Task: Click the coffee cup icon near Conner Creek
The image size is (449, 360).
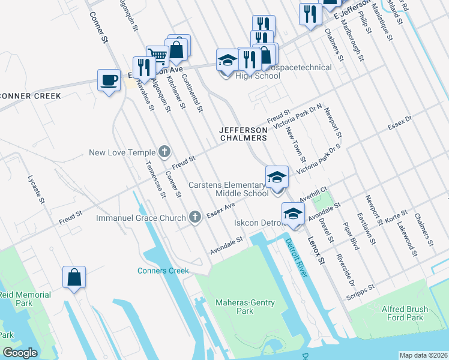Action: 109,80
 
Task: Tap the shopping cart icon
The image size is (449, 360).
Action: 157,56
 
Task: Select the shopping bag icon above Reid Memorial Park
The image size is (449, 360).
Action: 74,277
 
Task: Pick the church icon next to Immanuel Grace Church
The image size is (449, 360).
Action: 194,217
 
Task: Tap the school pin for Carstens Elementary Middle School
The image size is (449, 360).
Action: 277,178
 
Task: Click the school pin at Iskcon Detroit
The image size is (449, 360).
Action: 293,214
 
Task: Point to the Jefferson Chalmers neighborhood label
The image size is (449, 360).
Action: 243,134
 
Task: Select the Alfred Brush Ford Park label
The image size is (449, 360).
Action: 405,314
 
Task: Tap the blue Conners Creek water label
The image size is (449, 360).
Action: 163,271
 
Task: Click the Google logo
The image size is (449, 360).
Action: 20,353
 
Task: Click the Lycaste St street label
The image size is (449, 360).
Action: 36,188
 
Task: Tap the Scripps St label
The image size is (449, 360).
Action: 360,291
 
